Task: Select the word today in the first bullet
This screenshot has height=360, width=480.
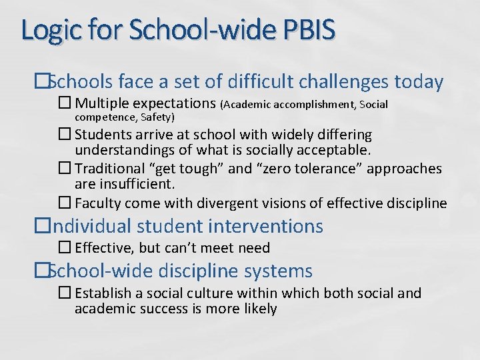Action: click(419, 82)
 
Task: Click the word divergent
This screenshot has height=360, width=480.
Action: click(224, 203)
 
